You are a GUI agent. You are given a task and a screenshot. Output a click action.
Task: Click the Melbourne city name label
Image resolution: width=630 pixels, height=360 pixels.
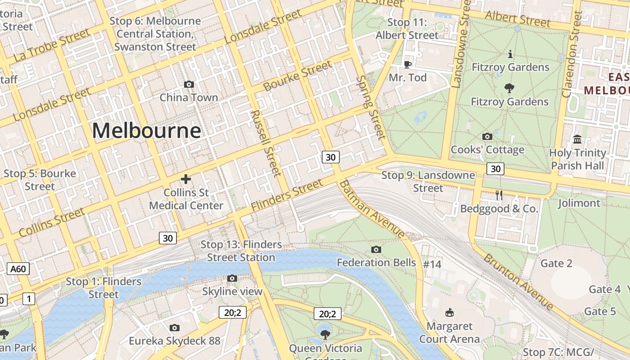146,131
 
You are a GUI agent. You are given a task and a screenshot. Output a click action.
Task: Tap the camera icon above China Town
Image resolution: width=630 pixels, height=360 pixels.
189,84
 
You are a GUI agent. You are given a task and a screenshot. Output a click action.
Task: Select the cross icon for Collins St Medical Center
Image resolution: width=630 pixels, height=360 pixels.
185,179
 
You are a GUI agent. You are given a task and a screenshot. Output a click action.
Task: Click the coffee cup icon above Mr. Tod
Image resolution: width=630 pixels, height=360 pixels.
408,64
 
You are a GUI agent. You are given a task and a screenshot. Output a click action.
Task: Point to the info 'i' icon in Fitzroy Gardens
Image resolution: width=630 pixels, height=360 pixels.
510,54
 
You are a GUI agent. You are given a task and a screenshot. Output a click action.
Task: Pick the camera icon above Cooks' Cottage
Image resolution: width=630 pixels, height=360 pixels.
487,136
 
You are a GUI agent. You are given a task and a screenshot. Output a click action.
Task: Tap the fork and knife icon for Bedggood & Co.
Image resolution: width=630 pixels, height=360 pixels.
499,195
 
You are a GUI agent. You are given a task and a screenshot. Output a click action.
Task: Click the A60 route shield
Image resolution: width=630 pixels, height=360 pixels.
18,269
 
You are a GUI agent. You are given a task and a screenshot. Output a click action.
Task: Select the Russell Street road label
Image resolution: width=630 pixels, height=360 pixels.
265,143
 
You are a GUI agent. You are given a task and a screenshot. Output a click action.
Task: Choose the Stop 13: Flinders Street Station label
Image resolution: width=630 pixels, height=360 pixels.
241,251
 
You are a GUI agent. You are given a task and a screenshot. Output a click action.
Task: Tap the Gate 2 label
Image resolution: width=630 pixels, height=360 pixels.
556,263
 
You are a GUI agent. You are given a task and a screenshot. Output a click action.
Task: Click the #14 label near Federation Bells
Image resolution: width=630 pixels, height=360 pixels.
432,264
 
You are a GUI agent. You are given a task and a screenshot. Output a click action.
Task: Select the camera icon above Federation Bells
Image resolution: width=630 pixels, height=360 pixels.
376,249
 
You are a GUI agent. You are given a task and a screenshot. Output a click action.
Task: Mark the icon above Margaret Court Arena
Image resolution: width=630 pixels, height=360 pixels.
449,312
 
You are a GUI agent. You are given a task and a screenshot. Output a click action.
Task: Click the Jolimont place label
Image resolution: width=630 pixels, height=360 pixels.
579,203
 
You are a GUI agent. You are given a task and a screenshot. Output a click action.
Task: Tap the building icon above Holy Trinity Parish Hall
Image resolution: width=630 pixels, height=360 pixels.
577,139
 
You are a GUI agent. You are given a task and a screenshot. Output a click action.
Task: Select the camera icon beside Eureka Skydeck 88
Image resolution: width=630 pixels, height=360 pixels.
175,328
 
